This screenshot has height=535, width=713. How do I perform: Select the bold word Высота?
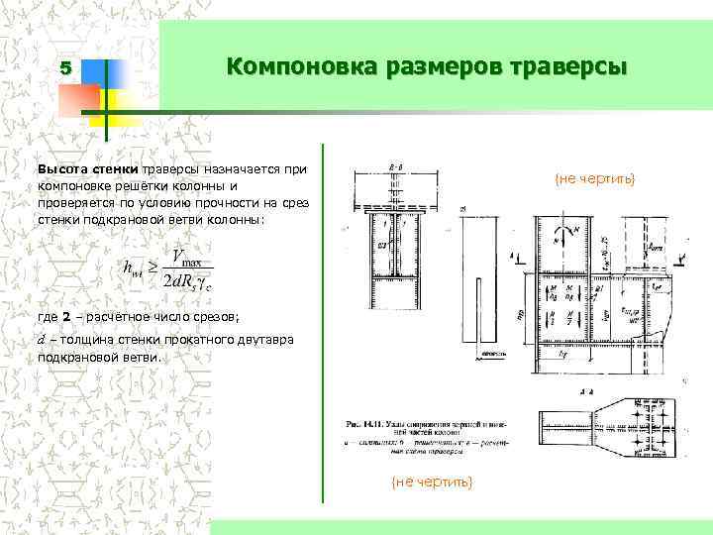[x=61, y=169]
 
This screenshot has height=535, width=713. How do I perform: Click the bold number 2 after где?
[x=66, y=317]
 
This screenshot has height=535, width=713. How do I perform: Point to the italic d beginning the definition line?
[x=41, y=340]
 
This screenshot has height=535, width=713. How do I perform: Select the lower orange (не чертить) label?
[x=433, y=481]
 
